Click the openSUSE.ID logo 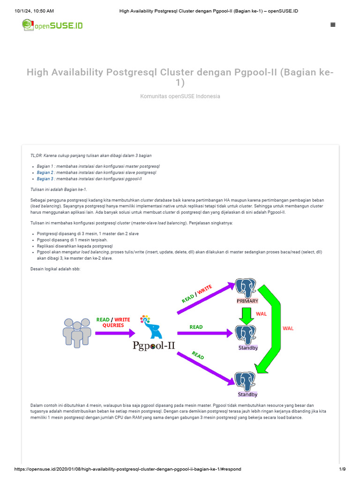pyautogui.click(x=52, y=25)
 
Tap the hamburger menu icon pyautogui.click(x=333, y=25)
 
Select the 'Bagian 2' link pyautogui.click(x=45, y=172)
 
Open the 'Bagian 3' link pyautogui.click(x=45, y=179)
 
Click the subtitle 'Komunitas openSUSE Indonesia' pyautogui.click(x=180, y=96)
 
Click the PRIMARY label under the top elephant pyautogui.click(x=247, y=301)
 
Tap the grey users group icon pyautogui.click(x=77, y=332)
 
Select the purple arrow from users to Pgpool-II pyautogui.click(x=115, y=333)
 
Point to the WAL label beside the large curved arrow pyautogui.click(x=288, y=328)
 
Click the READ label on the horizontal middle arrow pyautogui.click(x=196, y=327)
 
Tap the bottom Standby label pyautogui.click(x=247, y=394)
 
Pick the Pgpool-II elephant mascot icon pyautogui.click(x=151, y=327)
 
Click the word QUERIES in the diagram pyautogui.click(x=113, y=325)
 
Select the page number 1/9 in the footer pyautogui.click(x=342, y=469)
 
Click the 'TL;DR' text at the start pyautogui.click(x=36, y=155)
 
